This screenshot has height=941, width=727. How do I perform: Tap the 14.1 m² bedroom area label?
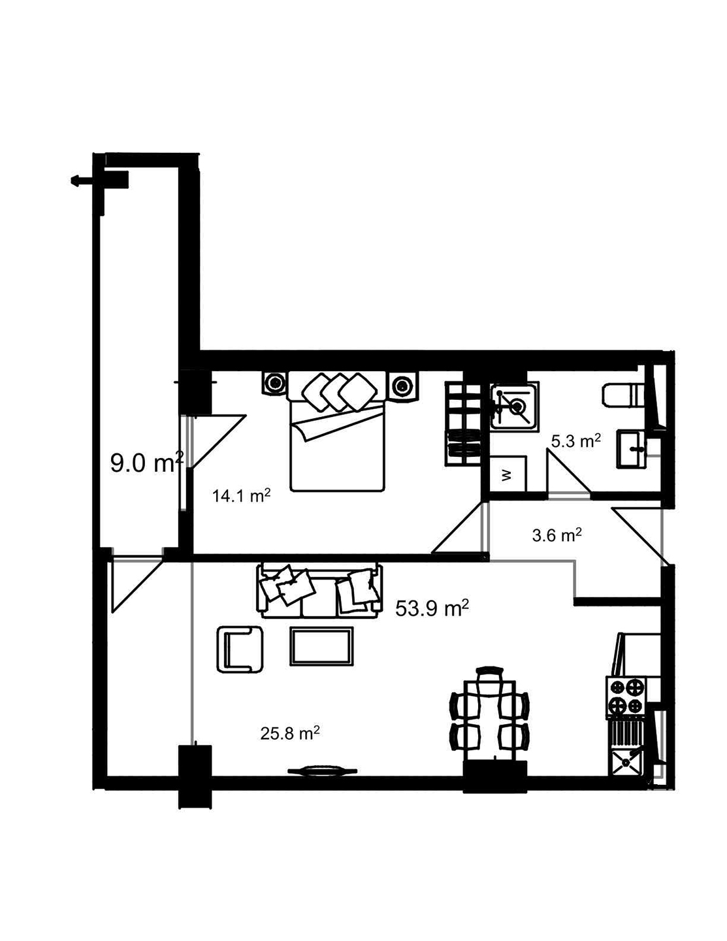tap(241, 496)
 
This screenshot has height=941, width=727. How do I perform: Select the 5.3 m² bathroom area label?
tap(575, 441)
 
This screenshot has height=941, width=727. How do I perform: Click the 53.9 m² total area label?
tap(432, 608)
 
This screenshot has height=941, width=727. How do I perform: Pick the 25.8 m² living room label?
tap(289, 733)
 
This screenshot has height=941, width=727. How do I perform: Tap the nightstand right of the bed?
tap(402, 386)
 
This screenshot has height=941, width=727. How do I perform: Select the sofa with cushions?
tap(321, 589)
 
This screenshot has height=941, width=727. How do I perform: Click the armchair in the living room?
tap(240, 648)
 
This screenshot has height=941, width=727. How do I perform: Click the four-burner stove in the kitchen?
tap(626, 697)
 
